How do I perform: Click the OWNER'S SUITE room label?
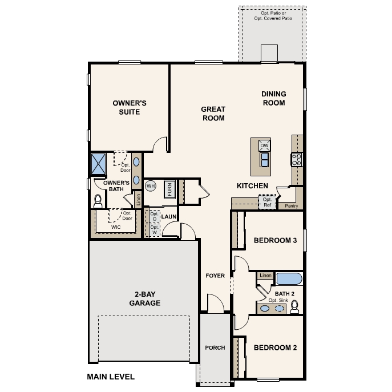click(x=130, y=107)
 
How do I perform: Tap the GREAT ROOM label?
click(x=213, y=114)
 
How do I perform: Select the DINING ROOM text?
click(x=273, y=98)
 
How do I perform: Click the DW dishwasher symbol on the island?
click(x=264, y=146)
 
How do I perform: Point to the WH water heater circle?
click(x=151, y=186)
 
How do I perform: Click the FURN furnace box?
click(x=169, y=189)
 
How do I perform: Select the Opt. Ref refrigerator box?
click(x=267, y=202)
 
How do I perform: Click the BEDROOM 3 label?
click(x=275, y=240)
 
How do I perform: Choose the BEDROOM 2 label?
click(x=275, y=347)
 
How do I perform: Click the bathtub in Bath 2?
click(x=289, y=278)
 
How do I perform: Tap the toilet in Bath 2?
click(x=294, y=308)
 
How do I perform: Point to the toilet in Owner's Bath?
click(x=98, y=200)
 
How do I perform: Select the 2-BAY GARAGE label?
click(x=144, y=298)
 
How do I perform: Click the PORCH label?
click(x=215, y=347)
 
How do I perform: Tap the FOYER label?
click(x=215, y=276)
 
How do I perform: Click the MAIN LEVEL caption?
click(x=111, y=377)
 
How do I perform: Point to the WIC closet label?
click(x=116, y=227)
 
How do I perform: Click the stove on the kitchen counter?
click(x=297, y=159)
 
